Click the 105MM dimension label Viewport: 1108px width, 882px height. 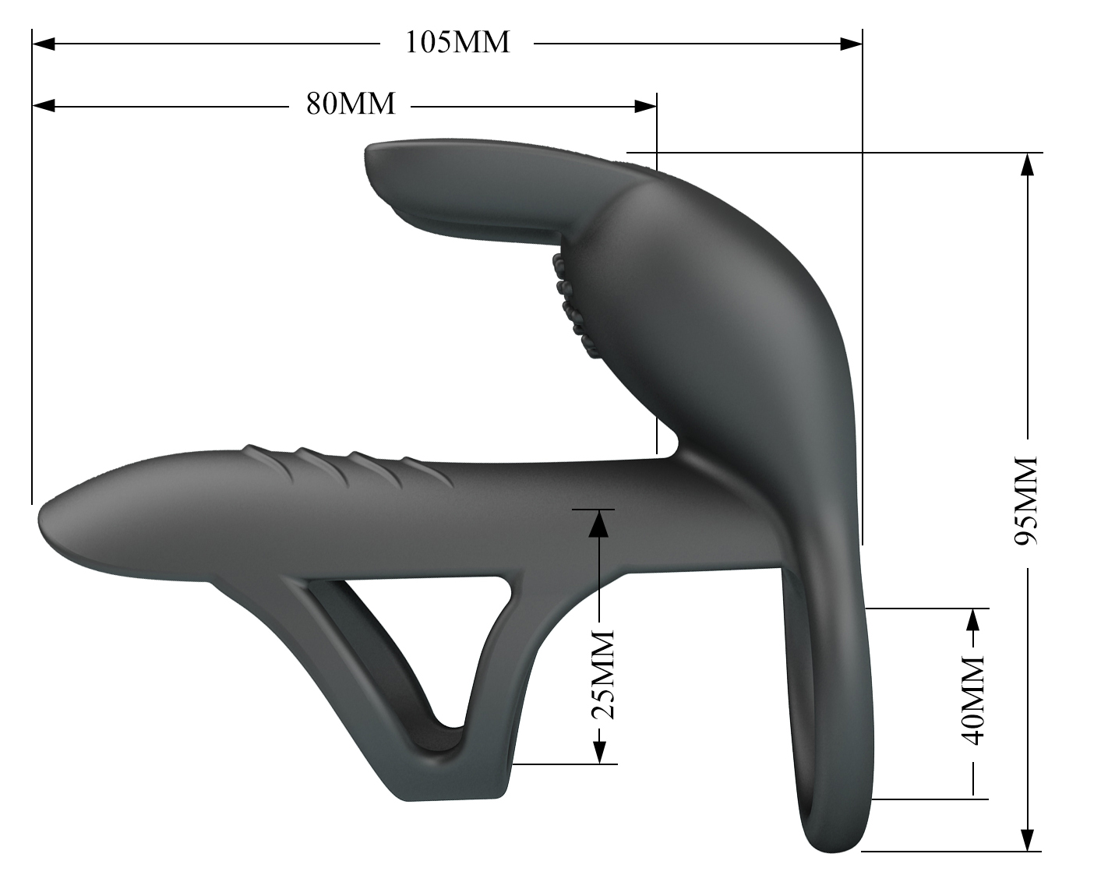457,43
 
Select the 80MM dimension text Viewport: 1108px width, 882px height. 351,104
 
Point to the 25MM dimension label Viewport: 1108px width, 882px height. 602,675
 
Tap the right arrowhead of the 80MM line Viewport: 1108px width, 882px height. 645,107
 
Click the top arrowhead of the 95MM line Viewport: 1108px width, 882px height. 1028,164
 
